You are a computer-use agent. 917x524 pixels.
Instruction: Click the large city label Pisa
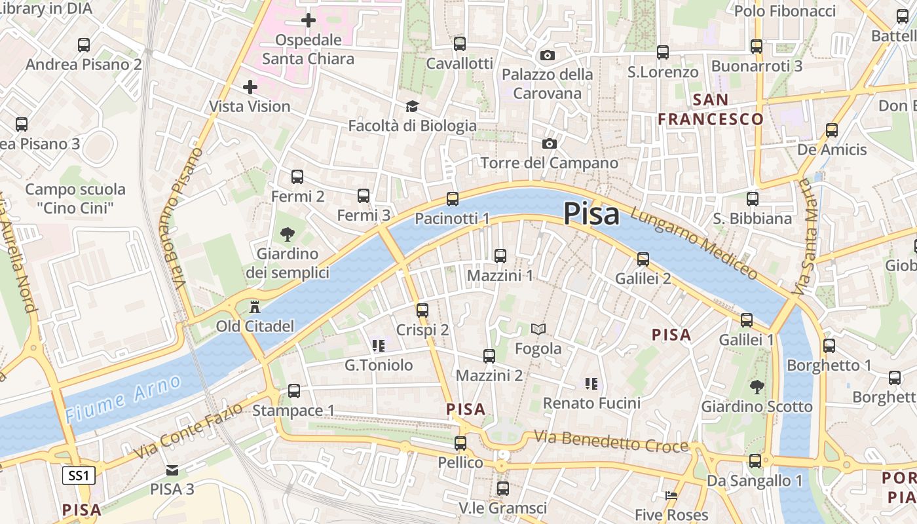tap(591, 214)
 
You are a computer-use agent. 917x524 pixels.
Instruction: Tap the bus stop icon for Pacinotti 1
tap(452, 199)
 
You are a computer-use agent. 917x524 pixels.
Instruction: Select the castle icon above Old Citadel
tap(255, 306)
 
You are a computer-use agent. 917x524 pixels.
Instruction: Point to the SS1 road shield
tap(79, 476)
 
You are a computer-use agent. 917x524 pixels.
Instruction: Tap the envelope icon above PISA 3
tap(172, 470)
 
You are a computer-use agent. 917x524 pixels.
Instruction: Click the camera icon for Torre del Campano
tap(549, 143)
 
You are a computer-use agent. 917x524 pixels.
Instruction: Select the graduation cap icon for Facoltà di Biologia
tap(412, 106)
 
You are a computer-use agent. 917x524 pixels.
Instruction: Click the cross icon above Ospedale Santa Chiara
tap(309, 20)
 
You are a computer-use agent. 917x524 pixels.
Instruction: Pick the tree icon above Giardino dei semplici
tap(287, 234)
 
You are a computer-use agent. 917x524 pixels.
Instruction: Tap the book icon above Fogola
tap(538, 329)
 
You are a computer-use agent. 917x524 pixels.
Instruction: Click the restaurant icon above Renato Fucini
tap(591, 383)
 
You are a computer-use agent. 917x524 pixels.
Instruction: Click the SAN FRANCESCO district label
tap(711, 109)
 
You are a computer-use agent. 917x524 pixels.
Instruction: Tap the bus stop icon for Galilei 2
tap(643, 259)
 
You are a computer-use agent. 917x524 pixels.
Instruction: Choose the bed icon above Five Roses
tap(671, 496)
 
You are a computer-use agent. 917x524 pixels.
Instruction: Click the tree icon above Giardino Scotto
tap(757, 387)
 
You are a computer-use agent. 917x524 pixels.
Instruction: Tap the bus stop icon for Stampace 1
tap(294, 391)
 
